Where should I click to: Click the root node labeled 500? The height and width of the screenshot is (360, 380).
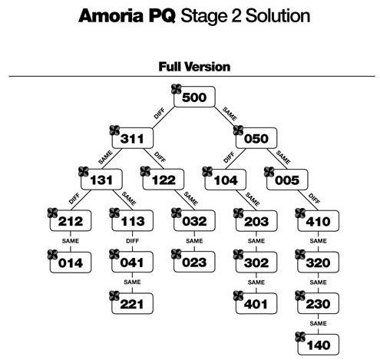point(194,97)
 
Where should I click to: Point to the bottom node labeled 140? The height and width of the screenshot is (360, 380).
point(318,345)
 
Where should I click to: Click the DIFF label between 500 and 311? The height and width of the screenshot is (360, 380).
point(159,112)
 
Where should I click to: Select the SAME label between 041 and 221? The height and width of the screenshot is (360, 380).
point(133,282)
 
